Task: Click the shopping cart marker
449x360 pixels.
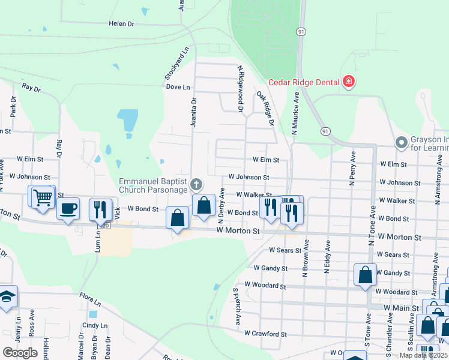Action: pos(42,196)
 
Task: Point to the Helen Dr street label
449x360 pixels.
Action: pos(121,23)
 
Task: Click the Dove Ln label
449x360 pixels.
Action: pos(178,86)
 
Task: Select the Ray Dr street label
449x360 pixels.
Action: pos(31,88)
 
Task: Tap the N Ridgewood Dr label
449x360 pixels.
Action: pos(240,89)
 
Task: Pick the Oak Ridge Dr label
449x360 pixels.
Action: pos(265,108)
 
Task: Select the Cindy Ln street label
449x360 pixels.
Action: pos(94,325)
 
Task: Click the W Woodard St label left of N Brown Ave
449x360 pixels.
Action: pos(265,286)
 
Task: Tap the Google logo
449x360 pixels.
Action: pos(20,352)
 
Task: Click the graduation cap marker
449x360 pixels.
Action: pos(7,296)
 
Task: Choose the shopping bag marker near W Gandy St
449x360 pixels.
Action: pos(366,275)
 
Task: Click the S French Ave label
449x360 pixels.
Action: pos(236,307)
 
